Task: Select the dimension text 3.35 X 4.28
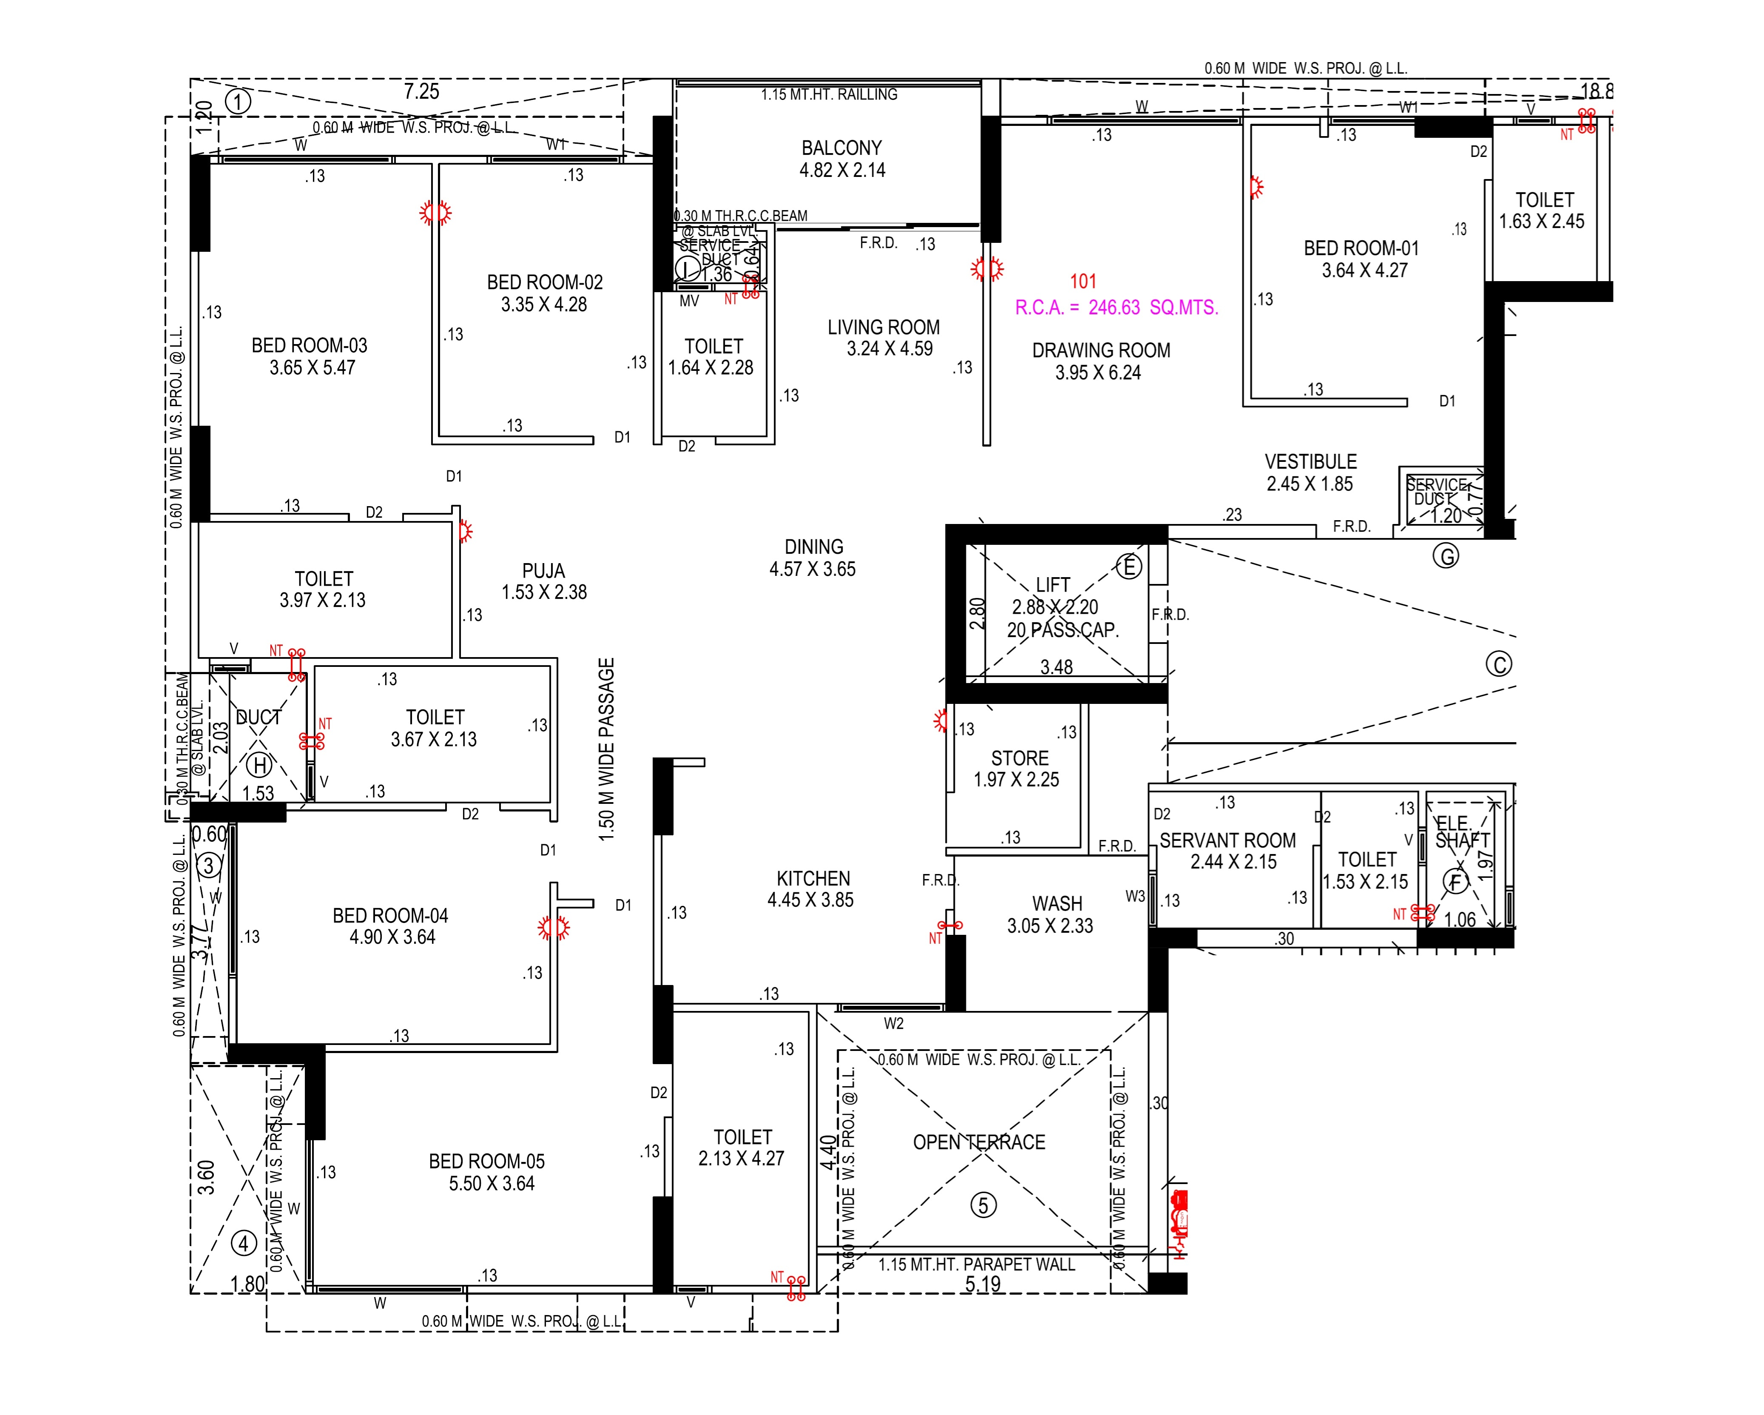click(x=544, y=305)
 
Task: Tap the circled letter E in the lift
click(x=1129, y=567)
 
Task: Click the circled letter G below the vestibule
click(x=1446, y=556)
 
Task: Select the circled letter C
click(x=1499, y=664)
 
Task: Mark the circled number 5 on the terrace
click(x=983, y=1204)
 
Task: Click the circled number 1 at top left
click(x=238, y=102)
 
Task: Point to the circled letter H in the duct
click(x=260, y=765)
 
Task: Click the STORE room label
click(x=1020, y=758)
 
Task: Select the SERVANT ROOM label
click(x=1227, y=840)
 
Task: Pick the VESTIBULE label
click(x=1311, y=461)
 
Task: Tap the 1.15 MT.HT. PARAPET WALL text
click(x=977, y=1264)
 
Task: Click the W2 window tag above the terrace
click(x=893, y=1024)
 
